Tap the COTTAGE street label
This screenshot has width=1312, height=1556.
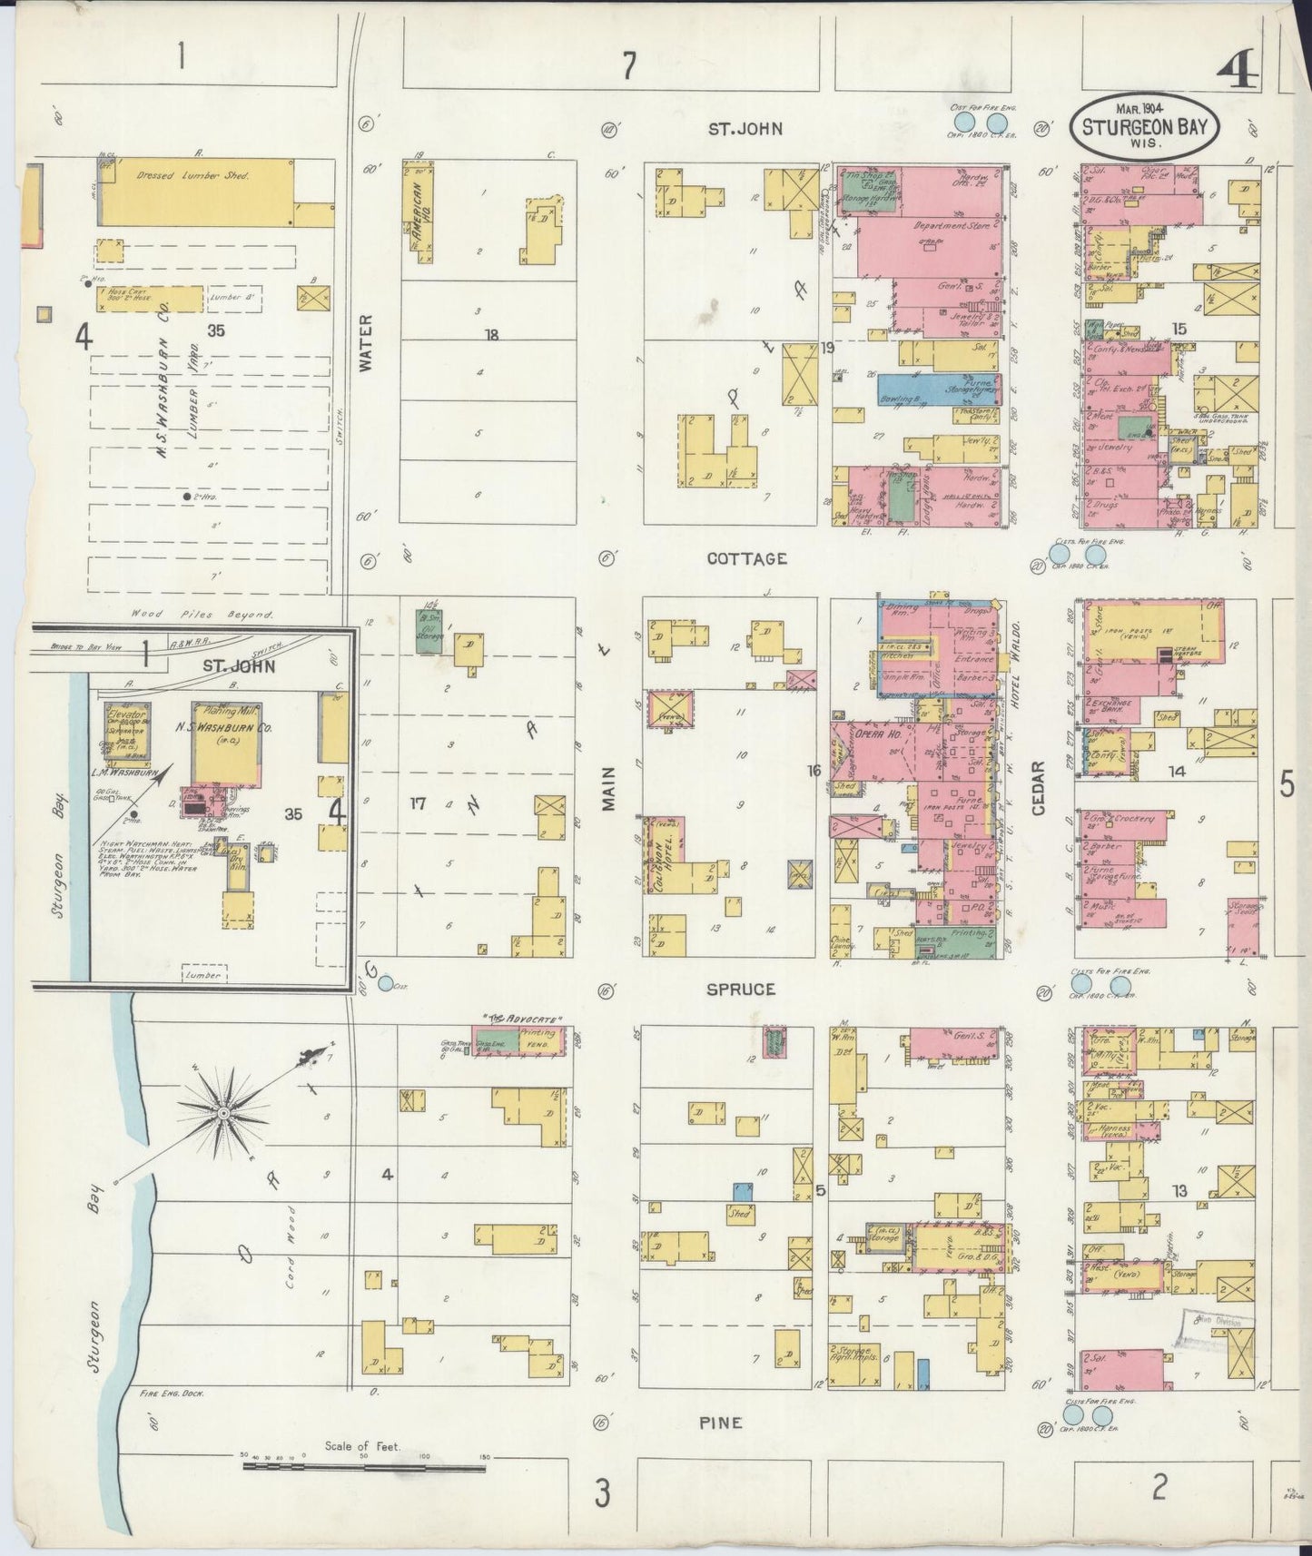[747, 559]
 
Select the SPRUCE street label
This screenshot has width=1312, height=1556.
[742, 989]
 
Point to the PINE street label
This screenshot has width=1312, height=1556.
[721, 1423]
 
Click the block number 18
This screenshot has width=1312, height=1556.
[491, 335]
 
